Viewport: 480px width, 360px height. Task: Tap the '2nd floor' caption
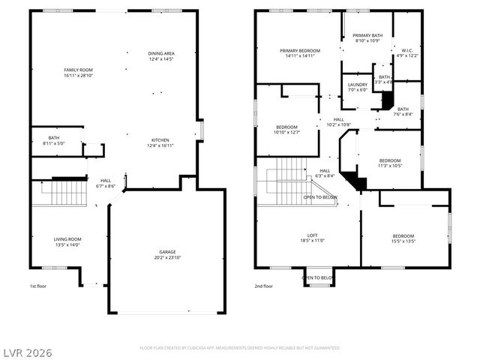(264, 286)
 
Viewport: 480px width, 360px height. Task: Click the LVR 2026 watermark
(27, 352)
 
